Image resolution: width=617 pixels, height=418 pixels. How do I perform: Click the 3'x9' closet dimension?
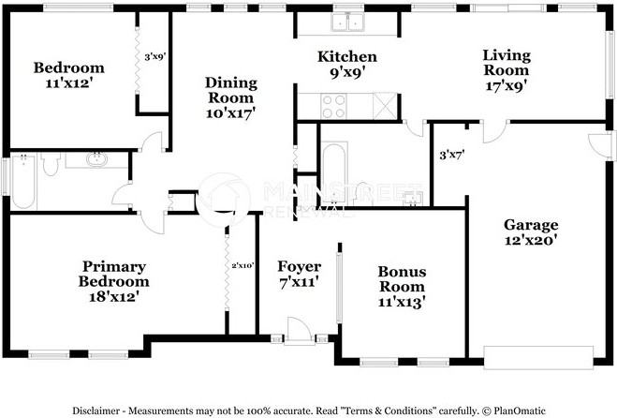(x=155, y=57)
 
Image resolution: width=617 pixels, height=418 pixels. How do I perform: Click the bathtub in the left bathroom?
(x=23, y=181)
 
